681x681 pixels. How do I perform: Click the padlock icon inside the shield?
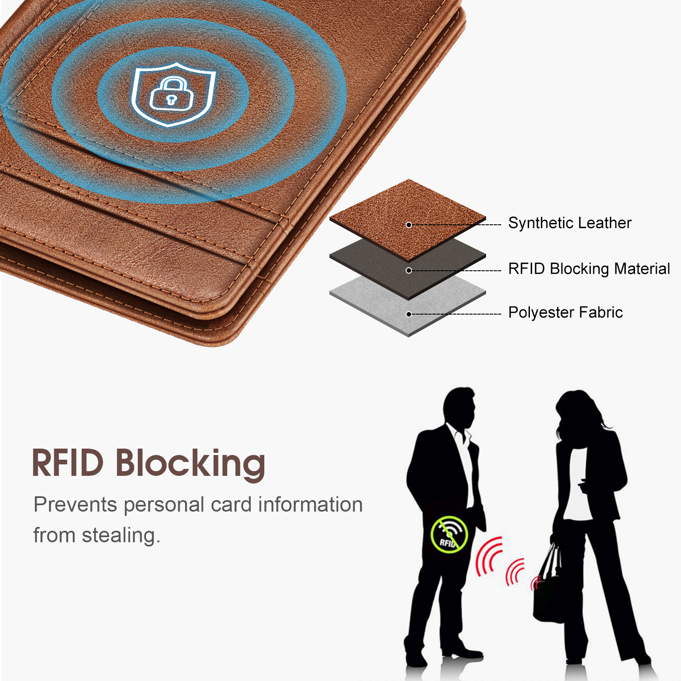[x=172, y=94]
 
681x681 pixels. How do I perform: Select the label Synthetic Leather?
[x=569, y=223]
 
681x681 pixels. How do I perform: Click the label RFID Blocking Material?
[x=589, y=269]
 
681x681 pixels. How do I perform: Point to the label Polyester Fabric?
[x=565, y=312]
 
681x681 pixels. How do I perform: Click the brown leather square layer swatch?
[x=408, y=219]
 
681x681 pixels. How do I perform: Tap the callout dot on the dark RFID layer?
[x=409, y=271]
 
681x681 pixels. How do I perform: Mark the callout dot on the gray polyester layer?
[x=409, y=315]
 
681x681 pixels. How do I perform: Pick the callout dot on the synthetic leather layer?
[x=409, y=225]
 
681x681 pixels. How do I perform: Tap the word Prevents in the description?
[x=75, y=505]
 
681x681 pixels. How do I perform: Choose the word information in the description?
[x=310, y=505]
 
